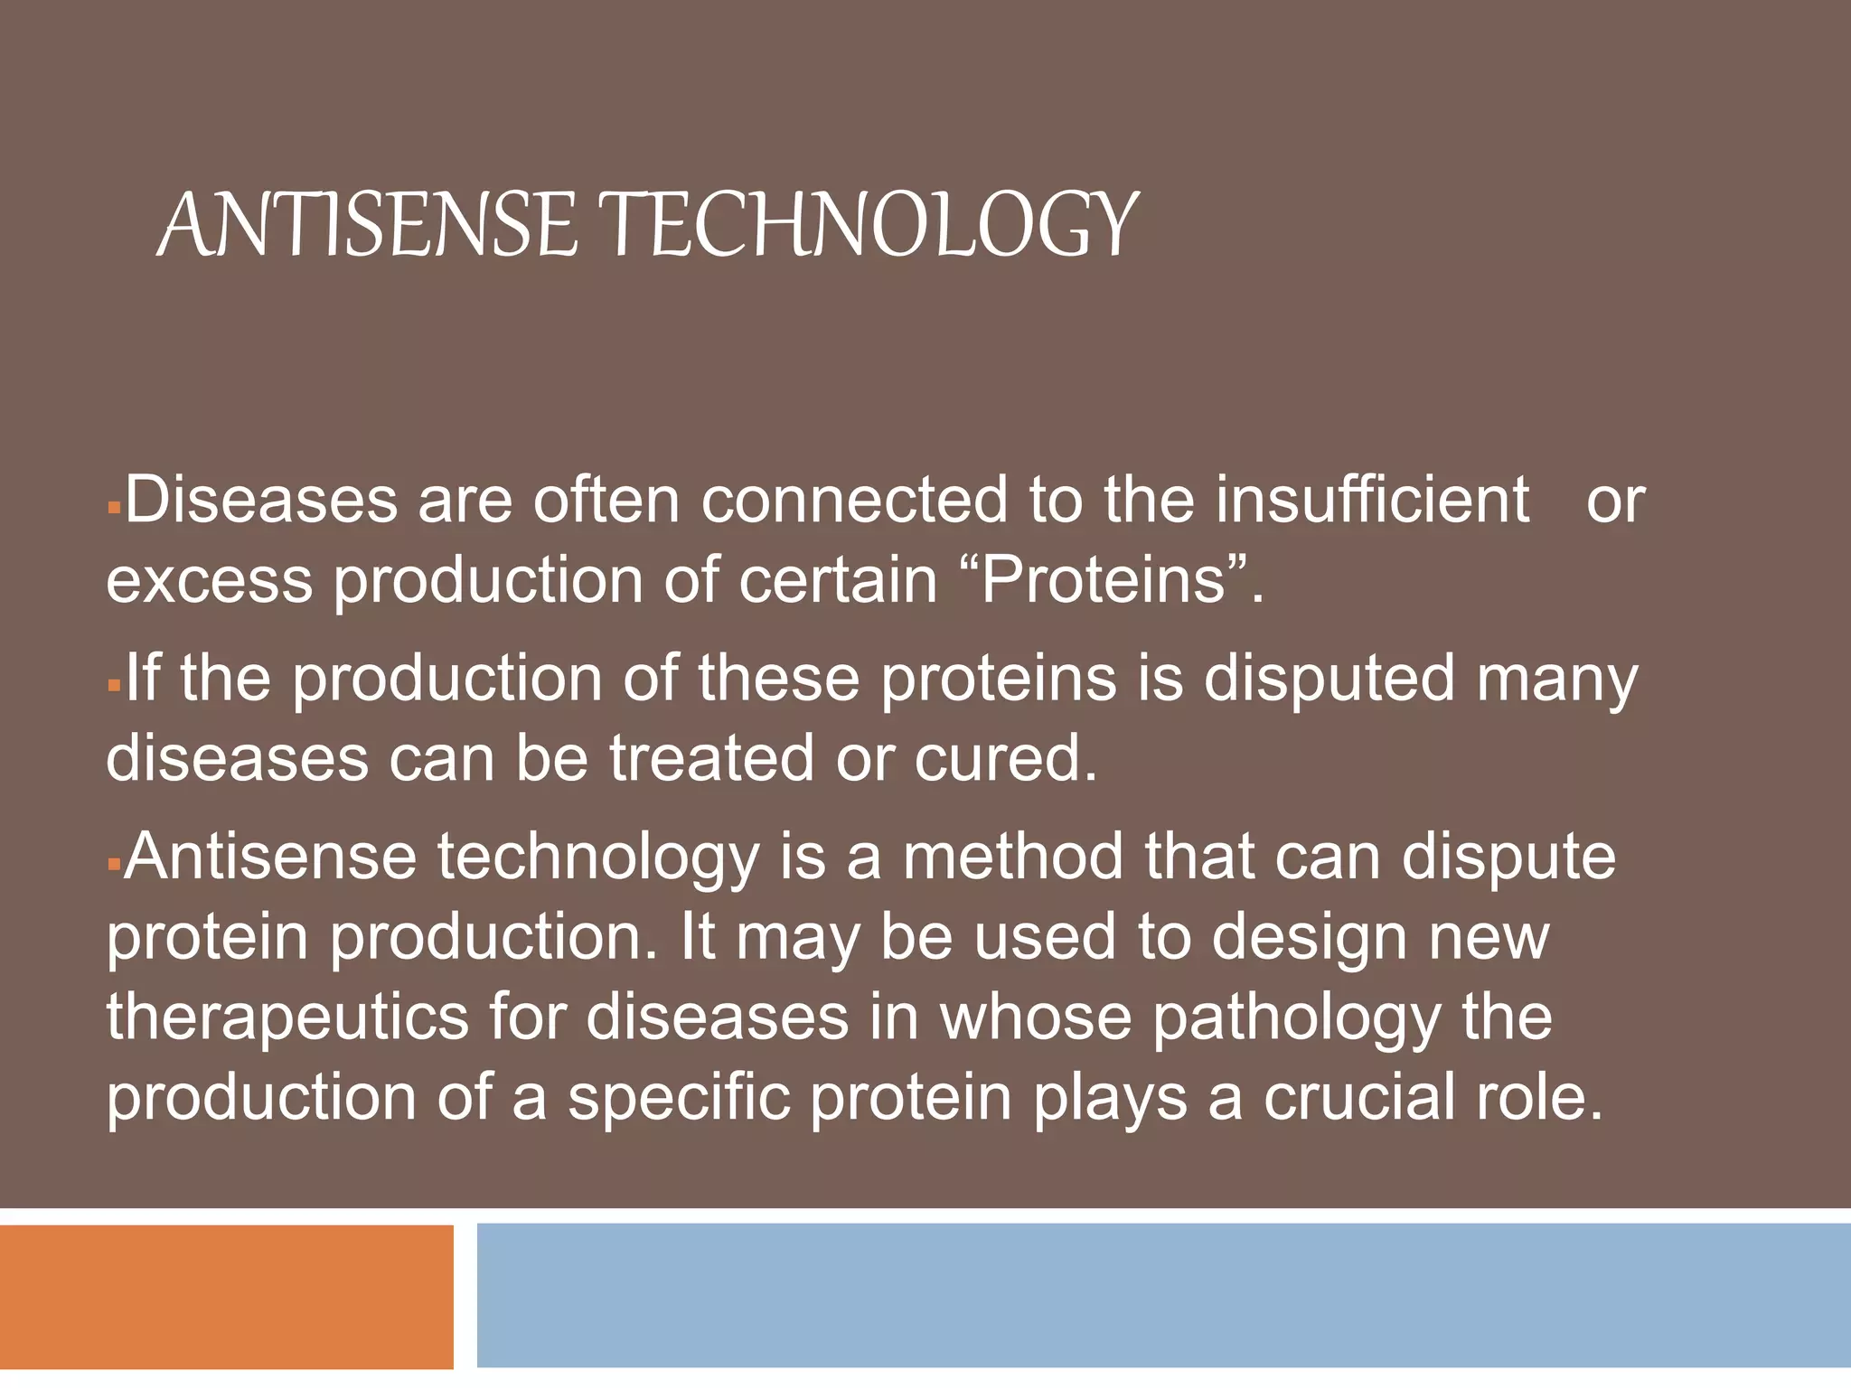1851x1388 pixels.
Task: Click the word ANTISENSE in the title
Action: (x=366, y=223)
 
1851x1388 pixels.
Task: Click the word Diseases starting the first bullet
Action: (x=261, y=500)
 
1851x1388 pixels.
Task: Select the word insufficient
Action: (x=1371, y=500)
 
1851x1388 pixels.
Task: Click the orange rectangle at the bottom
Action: (x=226, y=1296)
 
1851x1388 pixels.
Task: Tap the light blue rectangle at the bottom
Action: (x=1163, y=1296)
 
